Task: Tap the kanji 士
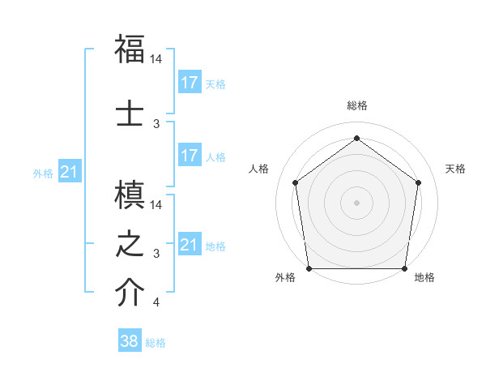tap(130, 113)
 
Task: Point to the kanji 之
tap(130, 244)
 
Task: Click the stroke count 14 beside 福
tap(156, 60)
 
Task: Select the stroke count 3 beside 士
tap(156, 124)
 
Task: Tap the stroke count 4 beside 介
tap(156, 303)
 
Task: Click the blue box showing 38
tap(130, 341)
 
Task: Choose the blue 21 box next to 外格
tap(70, 171)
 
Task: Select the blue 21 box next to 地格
tap(190, 244)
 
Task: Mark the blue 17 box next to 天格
tap(190, 82)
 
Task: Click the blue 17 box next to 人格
tap(190, 155)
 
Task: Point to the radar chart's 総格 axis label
tap(356, 105)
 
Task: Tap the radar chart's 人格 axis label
tap(259, 169)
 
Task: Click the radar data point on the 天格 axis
tap(418, 182)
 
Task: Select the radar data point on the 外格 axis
tap(309, 268)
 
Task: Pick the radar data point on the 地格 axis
tap(404, 268)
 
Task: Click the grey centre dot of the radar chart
tap(356, 203)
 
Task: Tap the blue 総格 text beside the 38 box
tap(156, 343)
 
